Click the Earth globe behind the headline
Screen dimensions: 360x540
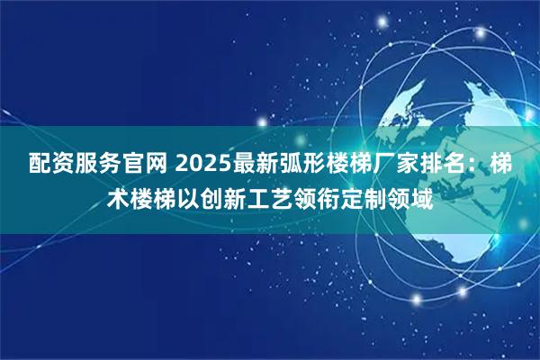tap(432, 99)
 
